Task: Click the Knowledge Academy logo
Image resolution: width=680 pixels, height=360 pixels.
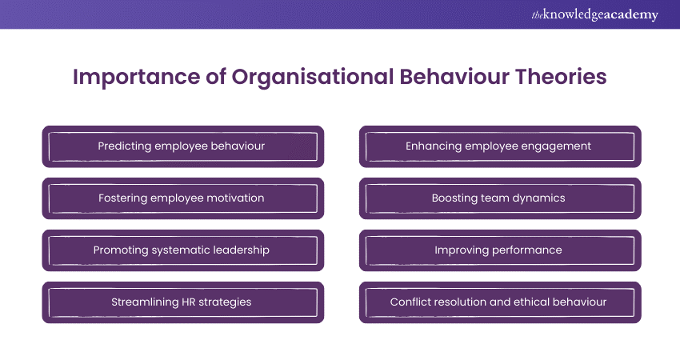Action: click(x=594, y=14)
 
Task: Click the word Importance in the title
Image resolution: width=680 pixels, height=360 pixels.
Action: click(x=136, y=77)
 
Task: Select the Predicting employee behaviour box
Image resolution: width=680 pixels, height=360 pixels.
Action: click(x=183, y=146)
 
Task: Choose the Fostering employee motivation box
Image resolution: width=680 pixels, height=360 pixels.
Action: click(x=183, y=198)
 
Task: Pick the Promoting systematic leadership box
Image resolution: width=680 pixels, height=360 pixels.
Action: click(x=183, y=250)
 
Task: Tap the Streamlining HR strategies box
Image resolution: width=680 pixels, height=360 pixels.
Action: click(x=183, y=302)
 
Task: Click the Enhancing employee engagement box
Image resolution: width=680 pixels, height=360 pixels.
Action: click(x=500, y=146)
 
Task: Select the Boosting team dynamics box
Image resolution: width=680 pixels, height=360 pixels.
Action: click(x=500, y=198)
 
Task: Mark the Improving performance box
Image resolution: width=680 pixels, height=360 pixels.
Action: click(x=500, y=250)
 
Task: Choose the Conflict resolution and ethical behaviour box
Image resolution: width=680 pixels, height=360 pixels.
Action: click(x=500, y=302)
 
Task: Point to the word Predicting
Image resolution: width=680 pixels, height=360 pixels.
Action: click(x=118, y=146)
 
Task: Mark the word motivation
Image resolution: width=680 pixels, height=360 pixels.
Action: click(x=235, y=198)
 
